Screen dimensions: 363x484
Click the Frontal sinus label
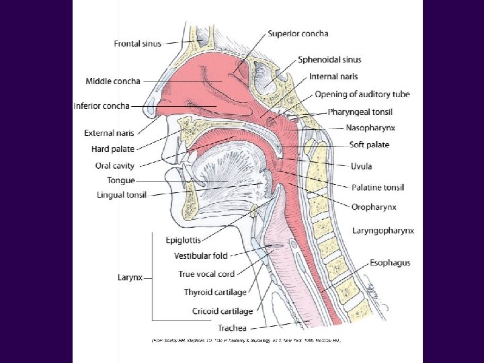138,44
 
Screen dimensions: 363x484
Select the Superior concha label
298,34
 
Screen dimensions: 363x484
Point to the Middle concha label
113,81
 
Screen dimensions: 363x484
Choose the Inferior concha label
102,106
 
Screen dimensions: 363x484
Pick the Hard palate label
112,149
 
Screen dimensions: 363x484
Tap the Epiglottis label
183,240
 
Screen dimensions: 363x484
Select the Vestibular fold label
201,256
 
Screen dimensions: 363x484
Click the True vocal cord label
206,274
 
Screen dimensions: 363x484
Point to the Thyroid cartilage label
215,292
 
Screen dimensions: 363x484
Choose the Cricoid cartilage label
223,311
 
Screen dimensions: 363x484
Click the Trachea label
232,328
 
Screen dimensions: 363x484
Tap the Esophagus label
389,262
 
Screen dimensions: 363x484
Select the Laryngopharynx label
383,231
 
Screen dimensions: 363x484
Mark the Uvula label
361,166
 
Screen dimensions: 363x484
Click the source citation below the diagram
246,341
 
